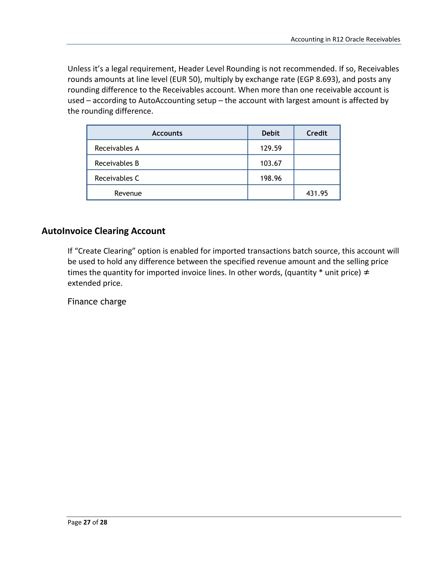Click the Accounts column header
pyautogui.click(x=167, y=133)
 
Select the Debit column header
pyautogui.click(x=270, y=133)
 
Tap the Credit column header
pyautogui.click(x=317, y=133)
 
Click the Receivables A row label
pyautogui.click(x=117, y=148)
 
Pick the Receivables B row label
pyautogui.click(x=117, y=163)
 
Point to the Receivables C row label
pyautogui.click(x=117, y=178)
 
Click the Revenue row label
pyautogui.click(x=128, y=193)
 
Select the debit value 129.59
pyautogui.click(x=271, y=148)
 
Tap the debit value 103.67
pyautogui.click(x=271, y=163)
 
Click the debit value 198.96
pyautogui.click(x=271, y=178)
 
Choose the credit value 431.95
pyautogui.click(x=317, y=193)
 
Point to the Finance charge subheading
pyautogui.click(x=97, y=302)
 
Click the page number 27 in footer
pyautogui.click(x=87, y=522)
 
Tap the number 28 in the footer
pyautogui.click(x=103, y=522)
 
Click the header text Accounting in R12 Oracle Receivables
pyautogui.click(x=345, y=39)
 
